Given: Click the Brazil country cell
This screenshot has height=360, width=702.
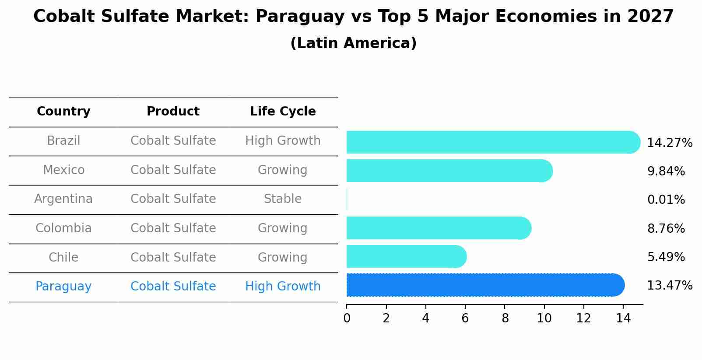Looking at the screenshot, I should pyautogui.click(x=63, y=141).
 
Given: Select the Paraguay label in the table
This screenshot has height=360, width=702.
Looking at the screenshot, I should pyautogui.click(x=63, y=287).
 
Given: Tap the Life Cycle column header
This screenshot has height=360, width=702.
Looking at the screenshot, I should pyautogui.click(x=283, y=112).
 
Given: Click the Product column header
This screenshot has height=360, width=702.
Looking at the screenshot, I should pyautogui.click(x=173, y=112).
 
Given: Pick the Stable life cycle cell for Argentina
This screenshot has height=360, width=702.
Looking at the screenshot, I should pyautogui.click(x=283, y=199).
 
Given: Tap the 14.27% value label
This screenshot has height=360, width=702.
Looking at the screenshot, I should pyautogui.click(x=670, y=143).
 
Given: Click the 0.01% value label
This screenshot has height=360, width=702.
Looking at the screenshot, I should pyautogui.click(x=666, y=200).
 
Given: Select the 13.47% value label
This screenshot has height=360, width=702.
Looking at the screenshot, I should pyautogui.click(x=670, y=286).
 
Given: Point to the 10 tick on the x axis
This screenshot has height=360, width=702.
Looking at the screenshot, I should pyautogui.click(x=544, y=318).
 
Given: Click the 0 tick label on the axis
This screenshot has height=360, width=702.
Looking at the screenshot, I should pyautogui.click(x=347, y=318).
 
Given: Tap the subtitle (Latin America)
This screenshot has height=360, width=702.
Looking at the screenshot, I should pyautogui.click(x=353, y=43).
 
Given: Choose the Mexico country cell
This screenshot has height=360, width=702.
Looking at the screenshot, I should pyautogui.click(x=63, y=170).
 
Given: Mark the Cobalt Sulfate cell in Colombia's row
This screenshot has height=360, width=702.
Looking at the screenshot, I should pyautogui.click(x=173, y=228).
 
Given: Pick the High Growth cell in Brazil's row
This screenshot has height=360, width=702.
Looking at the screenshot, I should pyautogui.click(x=283, y=141).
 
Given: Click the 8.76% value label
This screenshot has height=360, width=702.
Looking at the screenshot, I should pyautogui.click(x=666, y=229).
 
